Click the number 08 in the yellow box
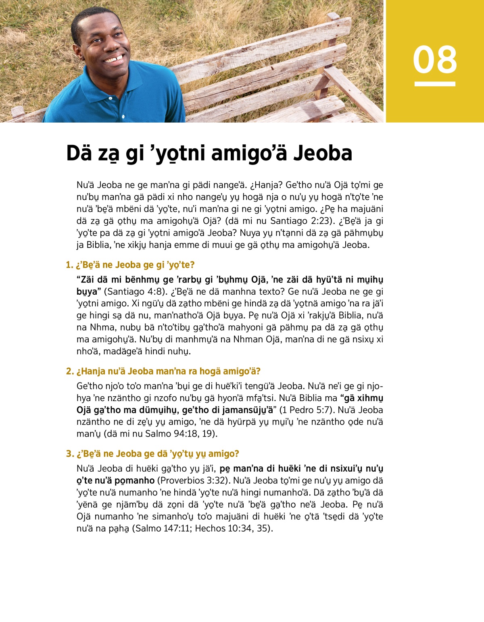coord(435,60)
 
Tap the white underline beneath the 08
coord(435,84)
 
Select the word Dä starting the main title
coord(79,153)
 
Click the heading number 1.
coord(69,265)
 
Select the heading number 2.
coord(69,371)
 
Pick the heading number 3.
coord(69,454)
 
